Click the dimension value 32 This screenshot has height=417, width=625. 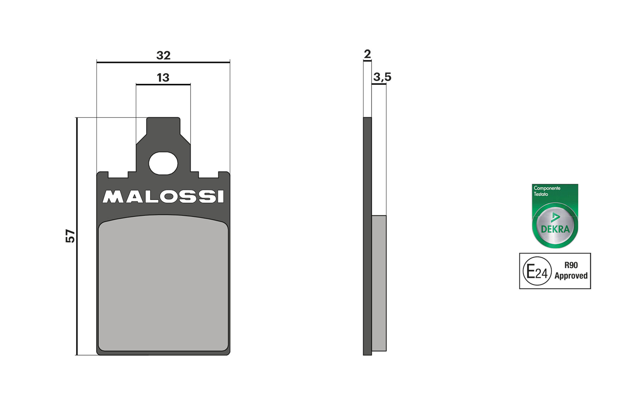point(163,55)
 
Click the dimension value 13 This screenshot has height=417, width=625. point(163,78)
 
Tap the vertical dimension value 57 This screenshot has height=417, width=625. point(71,236)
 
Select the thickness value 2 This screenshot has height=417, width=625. point(367,54)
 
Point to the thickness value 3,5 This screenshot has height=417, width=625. point(382,77)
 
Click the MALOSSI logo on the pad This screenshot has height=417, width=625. point(163,197)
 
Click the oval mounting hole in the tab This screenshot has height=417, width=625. point(163,163)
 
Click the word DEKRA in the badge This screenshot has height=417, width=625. point(555,229)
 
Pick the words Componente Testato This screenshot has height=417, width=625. point(546,191)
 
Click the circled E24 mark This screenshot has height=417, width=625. point(537,271)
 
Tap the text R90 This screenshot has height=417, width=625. point(571,265)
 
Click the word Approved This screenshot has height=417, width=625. point(571,276)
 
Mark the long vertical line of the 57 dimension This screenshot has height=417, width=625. point(77,282)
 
